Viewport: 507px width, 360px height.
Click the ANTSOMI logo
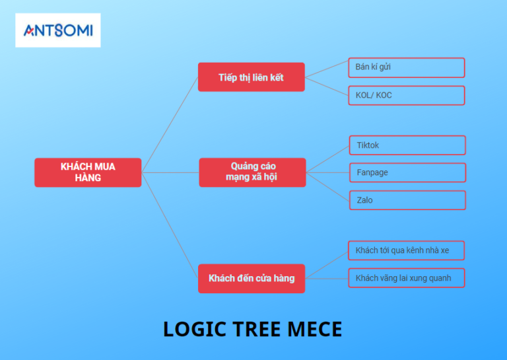(x=58, y=30)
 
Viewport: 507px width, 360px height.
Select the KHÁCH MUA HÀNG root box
(x=88, y=172)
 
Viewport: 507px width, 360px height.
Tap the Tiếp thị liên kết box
(x=251, y=77)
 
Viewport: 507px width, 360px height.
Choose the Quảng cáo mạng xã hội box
(x=252, y=172)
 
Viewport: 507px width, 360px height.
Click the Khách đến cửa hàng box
(x=252, y=278)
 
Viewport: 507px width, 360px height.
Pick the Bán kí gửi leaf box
(x=406, y=67)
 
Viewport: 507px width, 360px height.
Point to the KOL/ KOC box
(x=406, y=95)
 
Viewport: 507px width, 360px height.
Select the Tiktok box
(x=407, y=145)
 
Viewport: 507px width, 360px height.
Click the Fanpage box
(x=407, y=172)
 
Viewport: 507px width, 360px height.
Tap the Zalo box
(x=407, y=200)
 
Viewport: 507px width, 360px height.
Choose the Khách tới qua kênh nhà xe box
(x=406, y=250)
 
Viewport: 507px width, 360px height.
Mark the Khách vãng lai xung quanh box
(x=406, y=278)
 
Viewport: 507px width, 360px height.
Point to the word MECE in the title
(x=314, y=329)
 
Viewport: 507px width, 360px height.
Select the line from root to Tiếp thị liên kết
(x=170, y=124)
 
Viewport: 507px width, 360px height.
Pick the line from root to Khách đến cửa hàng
(x=170, y=225)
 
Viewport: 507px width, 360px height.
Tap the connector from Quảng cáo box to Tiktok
(x=327, y=159)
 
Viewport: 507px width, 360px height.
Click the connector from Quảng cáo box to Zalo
(x=327, y=186)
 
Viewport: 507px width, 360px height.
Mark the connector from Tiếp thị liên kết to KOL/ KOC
(x=327, y=87)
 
